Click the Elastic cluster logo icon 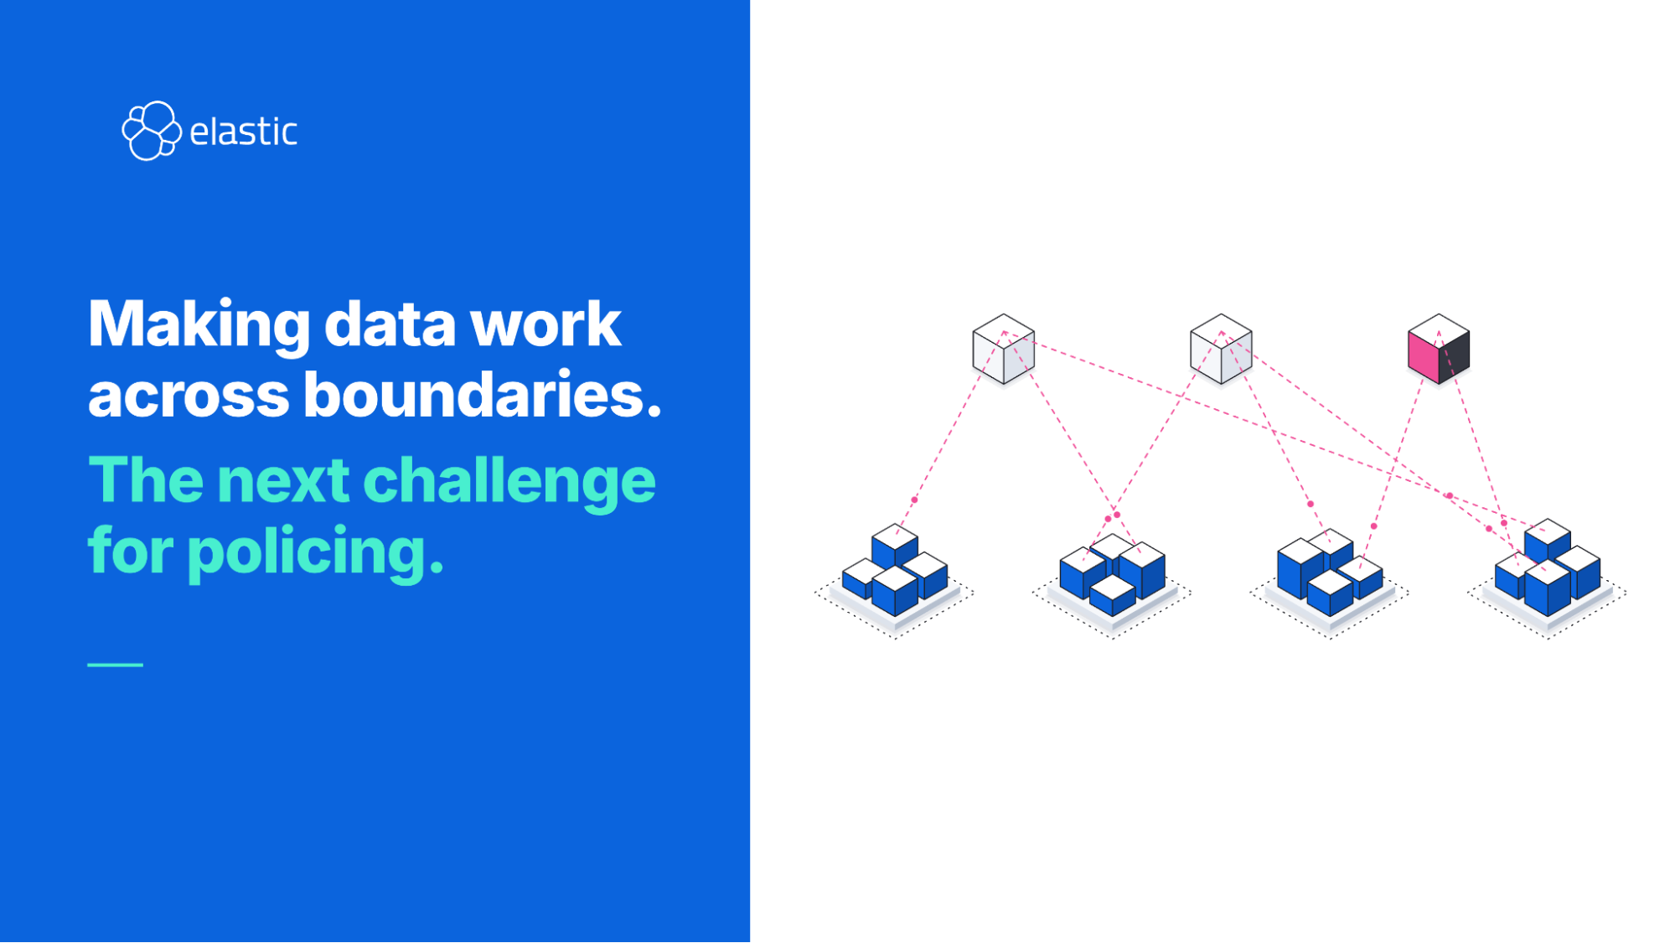point(151,131)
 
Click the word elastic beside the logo point(243,132)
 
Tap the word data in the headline point(390,324)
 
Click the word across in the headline point(189,396)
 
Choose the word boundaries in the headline point(483,393)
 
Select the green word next point(283,481)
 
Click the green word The point(146,479)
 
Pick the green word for point(131,551)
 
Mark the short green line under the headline point(116,665)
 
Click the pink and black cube point(1439,350)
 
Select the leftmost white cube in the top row point(1003,350)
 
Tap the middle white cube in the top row point(1221,350)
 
